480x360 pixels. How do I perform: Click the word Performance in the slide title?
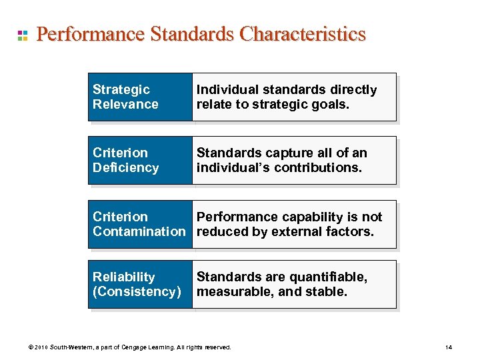(90, 34)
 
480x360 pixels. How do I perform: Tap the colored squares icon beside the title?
(22, 35)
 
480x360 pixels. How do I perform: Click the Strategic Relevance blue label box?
(140, 97)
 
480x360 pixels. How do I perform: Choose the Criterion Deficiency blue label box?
(140, 160)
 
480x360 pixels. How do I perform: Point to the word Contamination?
(139, 231)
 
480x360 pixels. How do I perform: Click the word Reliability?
(123, 277)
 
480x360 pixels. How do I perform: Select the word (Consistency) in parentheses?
(137, 292)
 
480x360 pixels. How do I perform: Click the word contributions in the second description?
(323, 167)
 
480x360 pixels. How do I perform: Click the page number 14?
(449, 347)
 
